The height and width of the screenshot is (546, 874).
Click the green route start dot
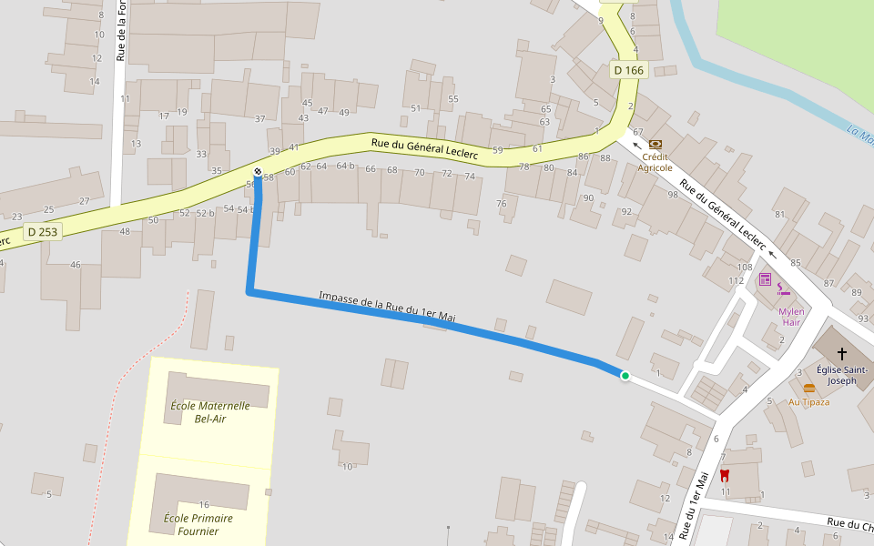pyautogui.click(x=625, y=376)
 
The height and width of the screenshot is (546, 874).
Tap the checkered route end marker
pyautogui.click(x=258, y=172)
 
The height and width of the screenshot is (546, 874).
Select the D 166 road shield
pyautogui.click(x=628, y=70)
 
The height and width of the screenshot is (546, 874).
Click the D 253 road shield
pyautogui.click(x=43, y=232)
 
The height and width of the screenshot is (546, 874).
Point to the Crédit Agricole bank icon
pyautogui.click(x=655, y=143)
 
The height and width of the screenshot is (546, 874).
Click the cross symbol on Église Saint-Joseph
pyautogui.click(x=842, y=353)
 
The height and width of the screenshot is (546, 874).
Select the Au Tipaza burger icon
pyautogui.click(x=809, y=389)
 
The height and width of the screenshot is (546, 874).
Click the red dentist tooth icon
pyautogui.click(x=725, y=475)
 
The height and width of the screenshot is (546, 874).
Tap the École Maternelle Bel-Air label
pyautogui.click(x=210, y=412)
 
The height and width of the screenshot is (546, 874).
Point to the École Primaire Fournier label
pyautogui.click(x=198, y=524)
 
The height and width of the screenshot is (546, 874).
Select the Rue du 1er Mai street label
pyautogui.click(x=694, y=506)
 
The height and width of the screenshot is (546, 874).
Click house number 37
pyautogui.click(x=260, y=119)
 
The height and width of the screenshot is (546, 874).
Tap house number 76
pyautogui.click(x=501, y=204)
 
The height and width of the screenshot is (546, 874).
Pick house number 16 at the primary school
pyautogui.click(x=204, y=505)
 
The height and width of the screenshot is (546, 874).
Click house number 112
pyautogui.click(x=737, y=280)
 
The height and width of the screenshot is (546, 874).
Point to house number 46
pyautogui.click(x=76, y=265)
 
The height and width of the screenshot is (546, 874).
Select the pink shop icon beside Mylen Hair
pyautogui.click(x=765, y=278)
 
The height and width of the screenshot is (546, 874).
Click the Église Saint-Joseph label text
pyautogui.click(x=842, y=375)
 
